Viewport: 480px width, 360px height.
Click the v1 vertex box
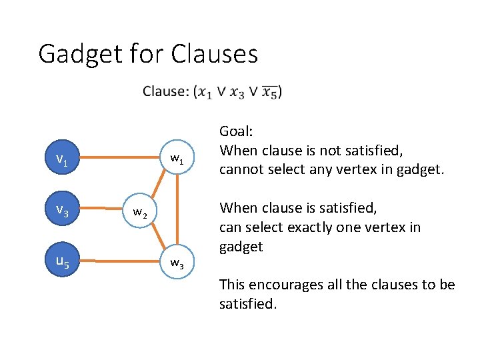click(62, 159)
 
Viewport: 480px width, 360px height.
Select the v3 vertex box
click(62, 211)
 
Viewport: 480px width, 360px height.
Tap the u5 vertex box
click(62, 261)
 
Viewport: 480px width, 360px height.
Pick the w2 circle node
click(139, 212)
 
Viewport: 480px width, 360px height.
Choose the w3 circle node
click(177, 263)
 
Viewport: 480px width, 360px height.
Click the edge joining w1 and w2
click(159, 185)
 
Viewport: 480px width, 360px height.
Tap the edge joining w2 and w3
click(159, 237)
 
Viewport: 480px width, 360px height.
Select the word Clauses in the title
click(214, 54)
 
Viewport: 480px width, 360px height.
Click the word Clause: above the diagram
click(165, 91)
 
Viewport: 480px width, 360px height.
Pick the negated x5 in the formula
click(269, 92)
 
